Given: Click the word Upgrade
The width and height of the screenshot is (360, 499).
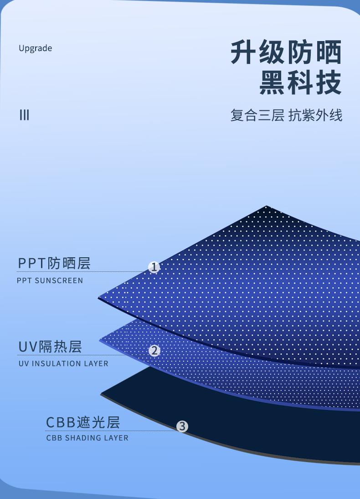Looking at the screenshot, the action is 35,48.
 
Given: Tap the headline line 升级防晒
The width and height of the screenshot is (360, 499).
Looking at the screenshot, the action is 286,53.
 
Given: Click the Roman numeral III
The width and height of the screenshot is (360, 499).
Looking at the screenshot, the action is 24,115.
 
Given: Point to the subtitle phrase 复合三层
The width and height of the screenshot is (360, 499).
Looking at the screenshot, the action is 257,115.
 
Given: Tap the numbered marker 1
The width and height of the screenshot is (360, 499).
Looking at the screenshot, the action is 154,267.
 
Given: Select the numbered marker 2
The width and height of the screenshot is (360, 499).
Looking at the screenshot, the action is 154,350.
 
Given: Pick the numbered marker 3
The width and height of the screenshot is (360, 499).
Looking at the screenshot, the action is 182,426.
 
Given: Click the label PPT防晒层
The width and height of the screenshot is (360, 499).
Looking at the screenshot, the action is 54,263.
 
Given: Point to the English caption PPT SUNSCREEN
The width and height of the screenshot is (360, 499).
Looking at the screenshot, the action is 50,281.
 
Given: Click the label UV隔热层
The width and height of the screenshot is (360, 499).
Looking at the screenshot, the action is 50,347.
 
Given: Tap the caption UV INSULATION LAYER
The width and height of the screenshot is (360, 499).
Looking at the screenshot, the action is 63,364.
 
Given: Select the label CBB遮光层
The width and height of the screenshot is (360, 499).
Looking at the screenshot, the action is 83,422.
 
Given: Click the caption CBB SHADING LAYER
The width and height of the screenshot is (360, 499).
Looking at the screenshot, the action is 87,438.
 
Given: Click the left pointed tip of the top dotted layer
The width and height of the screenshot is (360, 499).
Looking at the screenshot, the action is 99,298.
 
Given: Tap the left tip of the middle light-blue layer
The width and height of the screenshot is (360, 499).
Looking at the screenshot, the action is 100,340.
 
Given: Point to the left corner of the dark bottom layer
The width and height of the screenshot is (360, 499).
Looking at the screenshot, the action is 102,394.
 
